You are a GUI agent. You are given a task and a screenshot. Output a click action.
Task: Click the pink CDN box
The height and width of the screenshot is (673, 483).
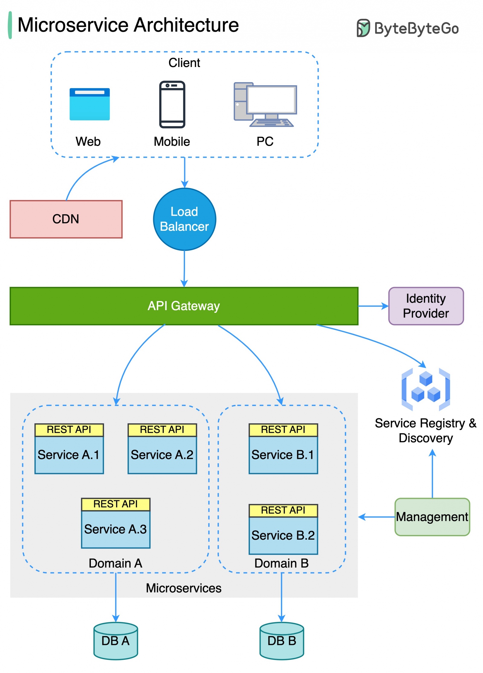pos(66,219)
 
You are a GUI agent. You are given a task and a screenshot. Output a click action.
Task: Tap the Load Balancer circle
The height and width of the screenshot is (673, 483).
pos(184,219)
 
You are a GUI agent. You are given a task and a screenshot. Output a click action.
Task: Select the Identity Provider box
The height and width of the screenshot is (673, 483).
pos(425,306)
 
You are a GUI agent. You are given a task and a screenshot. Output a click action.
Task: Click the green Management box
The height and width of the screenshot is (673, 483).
pos(432,516)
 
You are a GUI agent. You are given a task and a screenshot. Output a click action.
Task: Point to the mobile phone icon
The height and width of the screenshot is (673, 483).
pos(172,104)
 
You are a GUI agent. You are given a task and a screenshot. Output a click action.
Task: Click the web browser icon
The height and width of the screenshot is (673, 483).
pos(90,104)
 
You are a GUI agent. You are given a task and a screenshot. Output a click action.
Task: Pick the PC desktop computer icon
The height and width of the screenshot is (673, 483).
pos(265,104)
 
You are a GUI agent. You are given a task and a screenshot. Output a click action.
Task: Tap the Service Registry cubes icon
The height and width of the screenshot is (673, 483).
pos(425,389)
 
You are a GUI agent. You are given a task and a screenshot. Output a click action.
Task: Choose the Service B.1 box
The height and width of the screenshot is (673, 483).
pos(283,454)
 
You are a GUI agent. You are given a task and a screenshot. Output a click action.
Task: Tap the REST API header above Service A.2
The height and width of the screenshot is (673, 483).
pos(162,429)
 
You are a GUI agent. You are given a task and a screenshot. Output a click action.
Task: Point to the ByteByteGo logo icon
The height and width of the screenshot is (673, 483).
pos(363,28)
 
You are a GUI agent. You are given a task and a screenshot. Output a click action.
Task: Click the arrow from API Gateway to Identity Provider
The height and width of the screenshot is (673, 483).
pos(373,306)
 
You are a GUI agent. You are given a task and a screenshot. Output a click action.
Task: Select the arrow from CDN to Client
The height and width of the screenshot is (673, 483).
pos(85,172)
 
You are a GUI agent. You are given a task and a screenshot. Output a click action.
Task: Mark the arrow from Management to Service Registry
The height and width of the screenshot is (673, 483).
pos(432,474)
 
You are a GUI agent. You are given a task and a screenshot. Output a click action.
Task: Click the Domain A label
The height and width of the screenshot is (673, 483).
pos(115,563)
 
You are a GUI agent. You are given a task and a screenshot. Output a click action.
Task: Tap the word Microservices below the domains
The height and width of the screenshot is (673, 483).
pos(184,588)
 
